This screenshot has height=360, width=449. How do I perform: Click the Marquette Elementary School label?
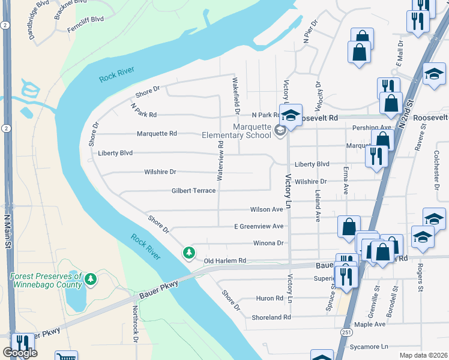(252, 130)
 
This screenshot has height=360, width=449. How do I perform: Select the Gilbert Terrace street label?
(193, 190)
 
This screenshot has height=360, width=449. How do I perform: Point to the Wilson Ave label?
(267, 209)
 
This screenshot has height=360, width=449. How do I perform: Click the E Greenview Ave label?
(259, 226)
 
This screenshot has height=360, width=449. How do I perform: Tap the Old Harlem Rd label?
(225, 261)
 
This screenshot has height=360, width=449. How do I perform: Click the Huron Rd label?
(270, 298)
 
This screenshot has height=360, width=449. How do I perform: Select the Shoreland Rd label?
(271, 317)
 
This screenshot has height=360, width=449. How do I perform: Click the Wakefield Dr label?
(237, 96)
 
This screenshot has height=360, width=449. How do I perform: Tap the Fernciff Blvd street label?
(85, 19)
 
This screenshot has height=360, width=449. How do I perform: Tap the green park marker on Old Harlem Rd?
(189, 253)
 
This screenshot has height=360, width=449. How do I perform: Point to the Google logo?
(20, 353)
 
